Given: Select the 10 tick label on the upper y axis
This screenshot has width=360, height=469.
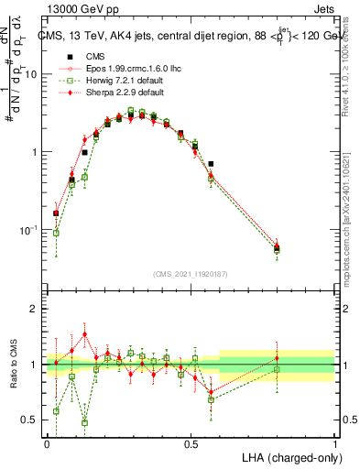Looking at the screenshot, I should point(29,74).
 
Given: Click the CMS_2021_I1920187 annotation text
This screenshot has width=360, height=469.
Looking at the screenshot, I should point(191,274).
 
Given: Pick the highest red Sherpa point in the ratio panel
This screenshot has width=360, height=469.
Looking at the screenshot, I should point(84,334).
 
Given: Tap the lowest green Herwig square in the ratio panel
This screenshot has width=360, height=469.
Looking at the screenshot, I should point(84,422).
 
